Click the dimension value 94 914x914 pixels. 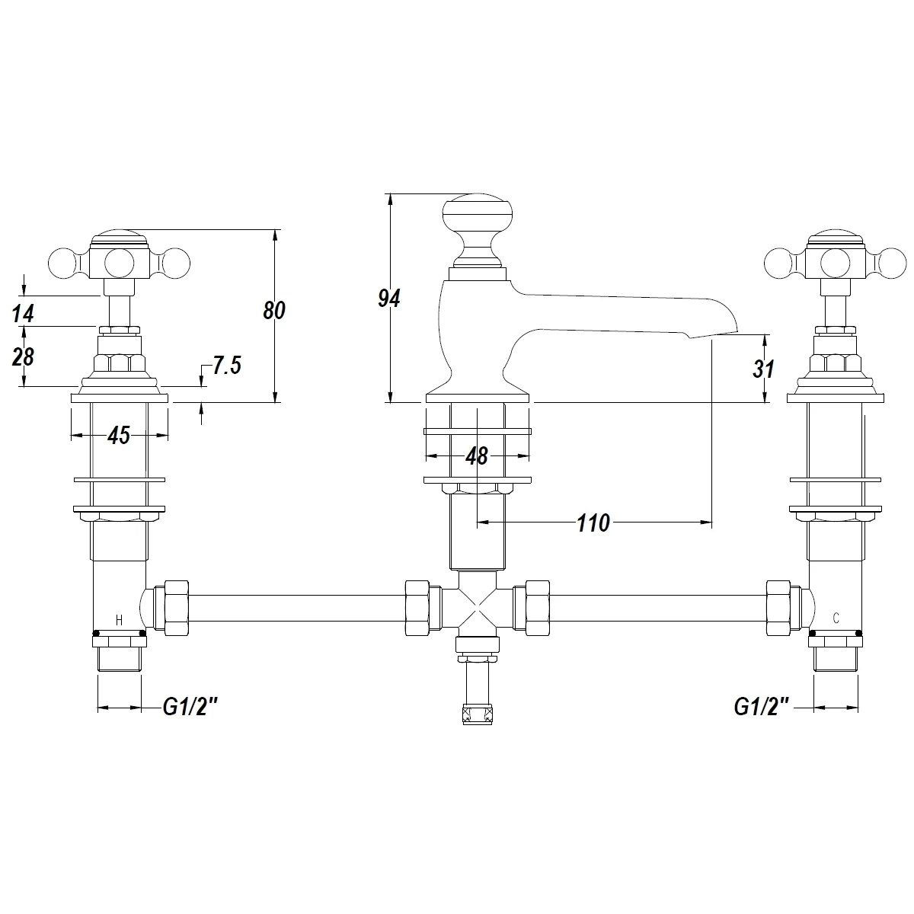pos(389,299)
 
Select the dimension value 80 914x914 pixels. pos(274,310)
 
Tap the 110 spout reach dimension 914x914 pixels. pos(593,523)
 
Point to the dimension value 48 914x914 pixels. pos(477,456)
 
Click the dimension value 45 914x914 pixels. pos(119,436)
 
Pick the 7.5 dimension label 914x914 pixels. pos(227,366)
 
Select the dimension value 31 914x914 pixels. pos(763,369)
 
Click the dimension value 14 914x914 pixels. pos(24,314)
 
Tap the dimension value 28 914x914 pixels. pos(23,356)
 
